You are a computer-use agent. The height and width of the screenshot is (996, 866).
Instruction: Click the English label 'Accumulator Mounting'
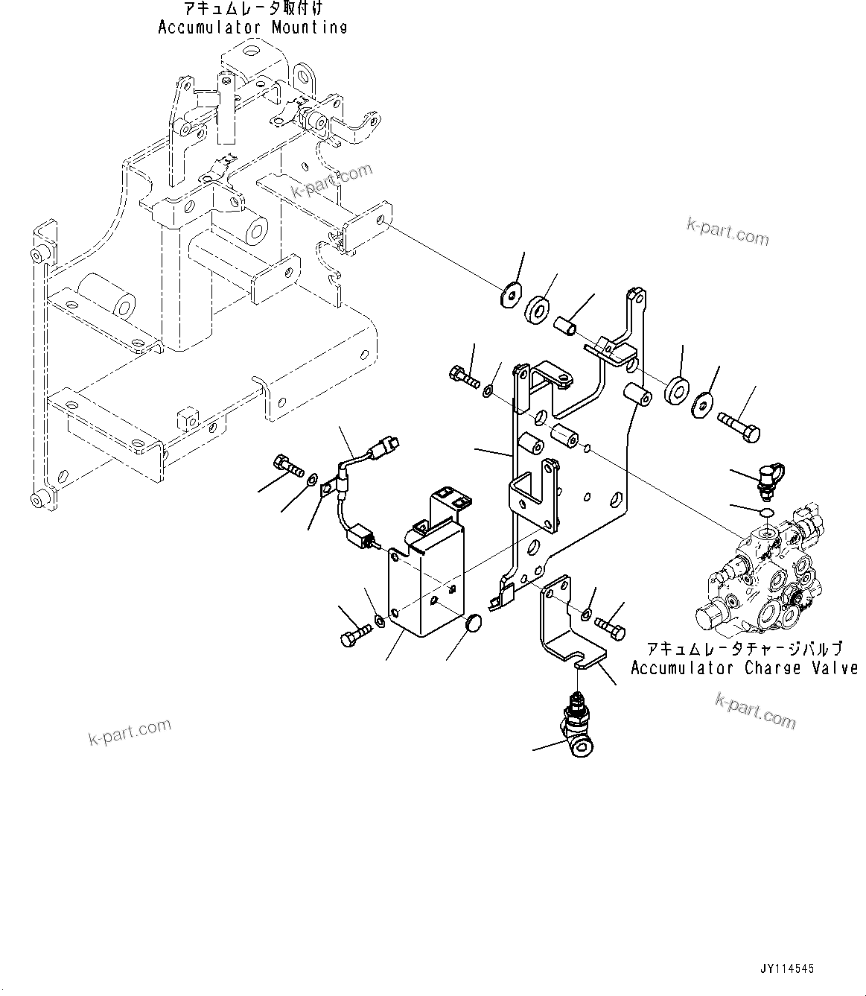(252, 28)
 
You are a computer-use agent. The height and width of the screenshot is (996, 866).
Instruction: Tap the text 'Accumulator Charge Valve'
(744, 667)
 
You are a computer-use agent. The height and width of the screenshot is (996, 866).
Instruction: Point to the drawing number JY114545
(787, 969)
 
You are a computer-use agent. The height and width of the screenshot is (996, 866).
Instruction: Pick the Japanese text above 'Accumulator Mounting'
(254, 9)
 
